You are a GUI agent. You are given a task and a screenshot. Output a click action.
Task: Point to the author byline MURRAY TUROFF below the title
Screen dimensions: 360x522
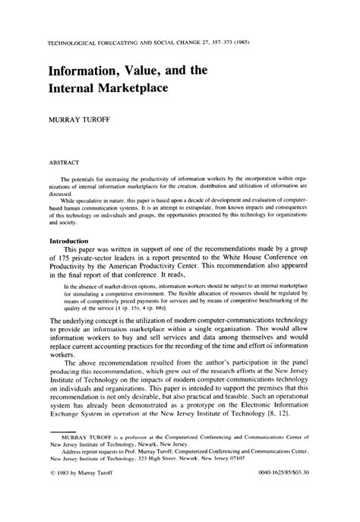[79, 120]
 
